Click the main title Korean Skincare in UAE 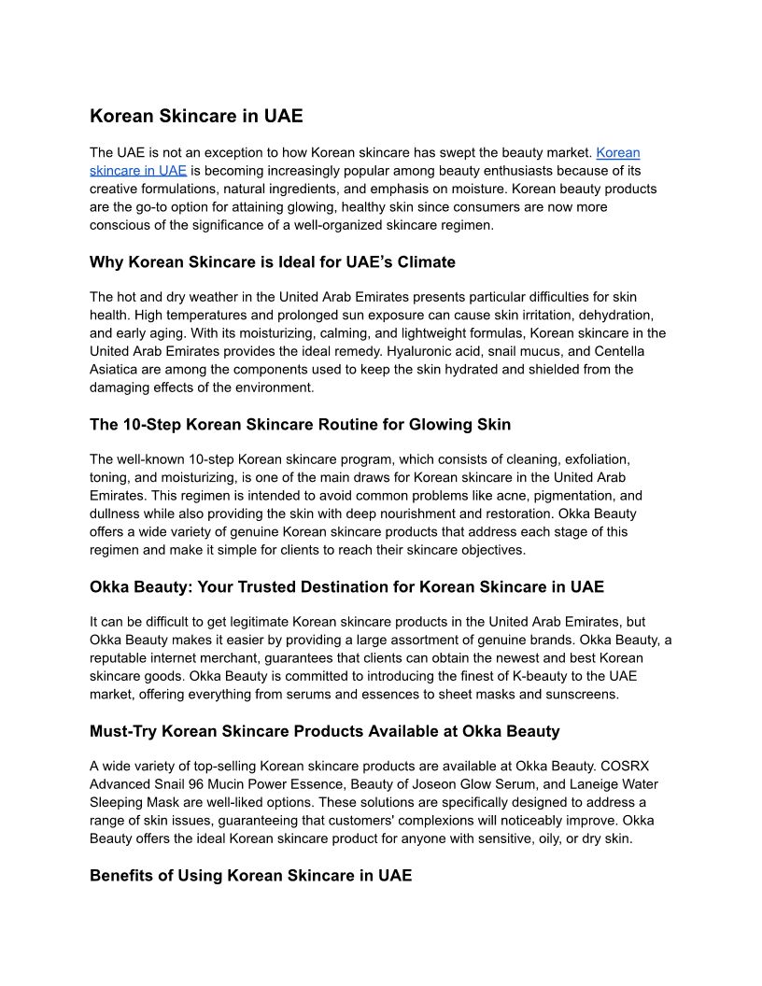(x=196, y=117)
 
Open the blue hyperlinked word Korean (x=617, y=152)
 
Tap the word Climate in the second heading (x=425, y=261)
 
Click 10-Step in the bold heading (x=152, y=424)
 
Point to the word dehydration (x=607, y=316)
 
